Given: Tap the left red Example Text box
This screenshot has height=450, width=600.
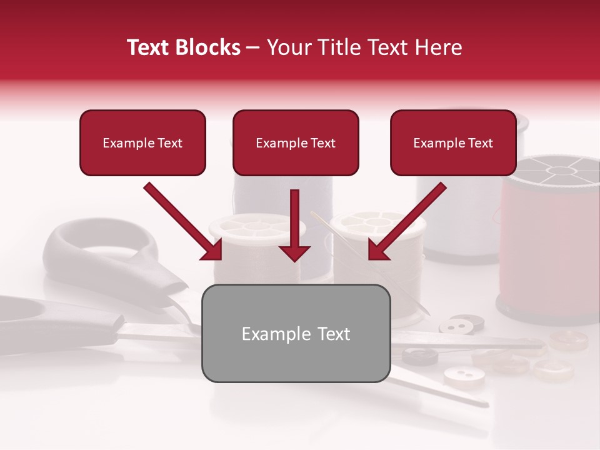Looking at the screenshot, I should [x=142, y=143].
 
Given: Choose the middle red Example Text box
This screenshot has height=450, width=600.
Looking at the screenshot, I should [x=296, y=143].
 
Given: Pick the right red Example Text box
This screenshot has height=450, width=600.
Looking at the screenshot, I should [x=453, y=143].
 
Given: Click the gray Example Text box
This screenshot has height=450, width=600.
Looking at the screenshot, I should [x=296, y=333].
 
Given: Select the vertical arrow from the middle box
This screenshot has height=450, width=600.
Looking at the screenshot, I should [x=295, y=225].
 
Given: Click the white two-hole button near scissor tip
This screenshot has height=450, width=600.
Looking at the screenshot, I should [x=464, y=375].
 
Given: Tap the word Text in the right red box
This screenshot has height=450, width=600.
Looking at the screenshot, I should [x=480, y=143].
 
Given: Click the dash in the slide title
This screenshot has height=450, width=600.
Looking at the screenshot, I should [x=253, y=47].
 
